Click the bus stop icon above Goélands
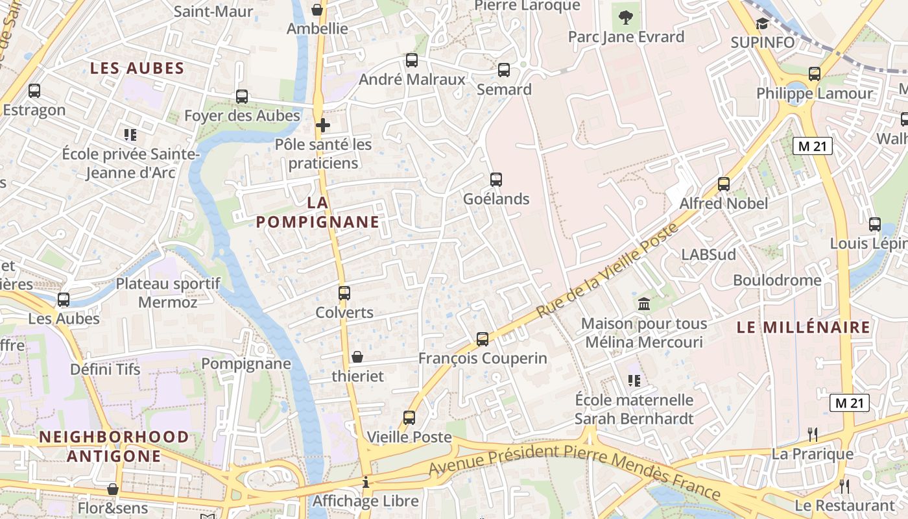(x=496, y=180)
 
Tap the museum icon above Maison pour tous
(x=644, y=304)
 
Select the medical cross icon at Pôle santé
(x=323, y=125)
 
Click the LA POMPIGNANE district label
(x=318, y=212)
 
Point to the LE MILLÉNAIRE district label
(x=804, y=328)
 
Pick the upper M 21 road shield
(x=812, y=146)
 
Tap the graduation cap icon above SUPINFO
(x=762, y=24)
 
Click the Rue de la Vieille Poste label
(x=607, y=271)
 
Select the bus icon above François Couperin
(x=483, y=339)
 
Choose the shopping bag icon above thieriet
(x=357, y=357)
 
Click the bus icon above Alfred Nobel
(x=724, y=184)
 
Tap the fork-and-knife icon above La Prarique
(x=812, y=434)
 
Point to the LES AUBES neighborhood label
(x=137, y=68)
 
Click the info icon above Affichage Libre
(x=366, y=482)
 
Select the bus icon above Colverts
(x=344, y=293)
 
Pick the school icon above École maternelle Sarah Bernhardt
(x=634, y=381)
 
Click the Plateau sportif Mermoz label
(x=168, y=293)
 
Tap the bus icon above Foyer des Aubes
(x=242, y=97)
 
